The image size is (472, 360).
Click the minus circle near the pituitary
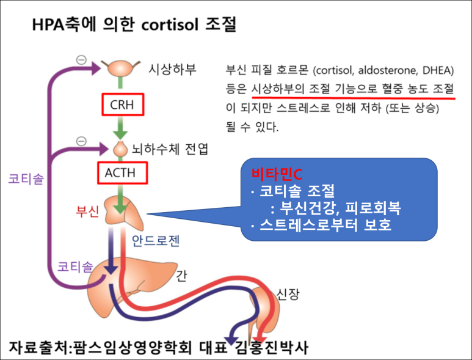point(81,141)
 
